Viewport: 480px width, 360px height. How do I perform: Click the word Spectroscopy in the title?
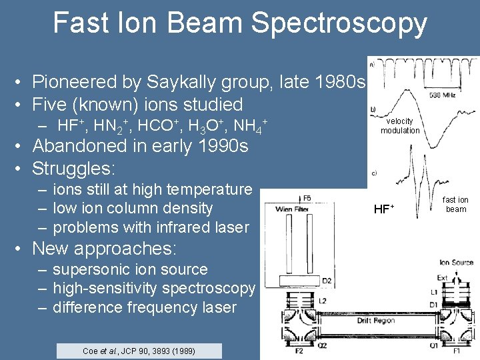[x=339, y=23]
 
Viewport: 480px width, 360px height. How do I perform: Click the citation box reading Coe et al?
[x=139, y=351]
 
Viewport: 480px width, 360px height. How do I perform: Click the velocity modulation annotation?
[x=400, y=126]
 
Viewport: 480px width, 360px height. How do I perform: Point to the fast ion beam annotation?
[x=455, y=205]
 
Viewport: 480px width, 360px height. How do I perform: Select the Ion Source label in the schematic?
[x=456, y=263]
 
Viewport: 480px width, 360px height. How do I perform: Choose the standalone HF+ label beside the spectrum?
[x=384, y=209]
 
